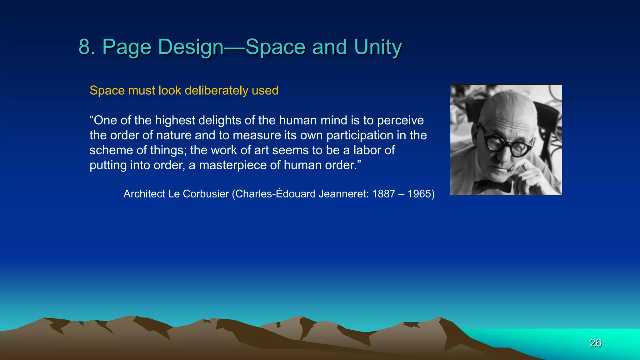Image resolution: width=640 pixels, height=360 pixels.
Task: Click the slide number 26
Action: (595, 343)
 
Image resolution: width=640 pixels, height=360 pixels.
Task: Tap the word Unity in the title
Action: (378, 47)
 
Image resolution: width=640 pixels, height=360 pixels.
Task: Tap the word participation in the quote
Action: (360, 136)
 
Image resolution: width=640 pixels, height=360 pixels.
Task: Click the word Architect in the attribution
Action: (144, 194)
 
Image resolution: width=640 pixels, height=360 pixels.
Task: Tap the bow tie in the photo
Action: (492, 186)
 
